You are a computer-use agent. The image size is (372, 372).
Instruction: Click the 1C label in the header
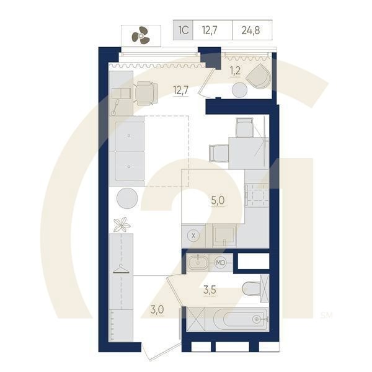[184, 29]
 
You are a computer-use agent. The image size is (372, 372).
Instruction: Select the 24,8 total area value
[252, 29]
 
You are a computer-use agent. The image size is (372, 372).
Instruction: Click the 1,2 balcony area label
[236, 70]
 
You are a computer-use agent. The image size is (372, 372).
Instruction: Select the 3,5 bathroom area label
[210, 288]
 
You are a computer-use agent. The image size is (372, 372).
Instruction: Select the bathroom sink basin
[199, 262]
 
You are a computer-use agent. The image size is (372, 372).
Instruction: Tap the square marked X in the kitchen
[193, 236]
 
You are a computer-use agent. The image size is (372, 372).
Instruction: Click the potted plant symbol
[122, 224]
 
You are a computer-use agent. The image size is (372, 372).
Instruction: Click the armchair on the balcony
[257, 76]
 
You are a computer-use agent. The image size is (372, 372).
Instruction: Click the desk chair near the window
[146, 93]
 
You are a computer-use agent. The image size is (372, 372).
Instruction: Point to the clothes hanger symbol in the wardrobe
[120, 268]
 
